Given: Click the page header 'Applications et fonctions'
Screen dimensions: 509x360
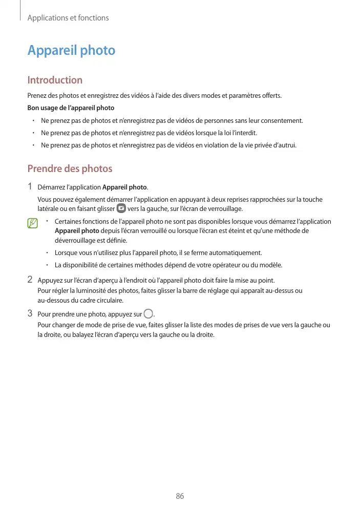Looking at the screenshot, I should [x=68, y=18].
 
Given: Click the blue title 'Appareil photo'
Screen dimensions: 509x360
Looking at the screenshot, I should [x=71, y=51].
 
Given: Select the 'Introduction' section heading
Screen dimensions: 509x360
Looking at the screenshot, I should [x=55, y=80].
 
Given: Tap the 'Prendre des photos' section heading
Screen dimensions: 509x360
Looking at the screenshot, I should [x=70, y=169].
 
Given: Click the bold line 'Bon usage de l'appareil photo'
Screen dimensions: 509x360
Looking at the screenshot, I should [x=71, y=108].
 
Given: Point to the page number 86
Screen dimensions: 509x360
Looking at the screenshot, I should [x=180, y=496].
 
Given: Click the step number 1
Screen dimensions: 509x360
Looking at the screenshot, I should [x=30, y=186].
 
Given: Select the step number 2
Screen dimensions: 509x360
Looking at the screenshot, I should [x=30, y=280].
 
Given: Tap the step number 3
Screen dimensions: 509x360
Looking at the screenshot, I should [x=30, y=313].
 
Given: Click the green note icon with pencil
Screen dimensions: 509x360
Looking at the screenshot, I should [x=33, y=223].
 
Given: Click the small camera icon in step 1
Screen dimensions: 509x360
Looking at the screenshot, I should [x=121, y=209].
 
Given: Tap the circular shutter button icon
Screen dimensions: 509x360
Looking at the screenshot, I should [x=149, y=314].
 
